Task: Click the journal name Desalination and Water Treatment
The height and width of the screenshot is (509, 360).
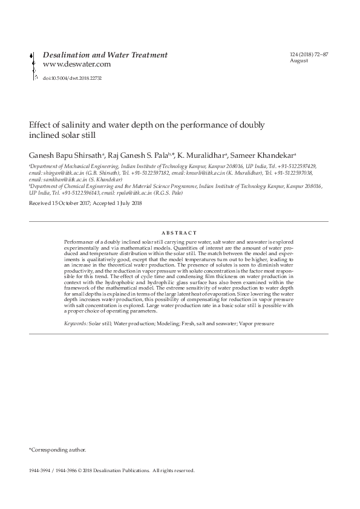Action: [x=105, y=55]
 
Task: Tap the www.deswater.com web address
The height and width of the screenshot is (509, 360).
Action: [x=76, y=64]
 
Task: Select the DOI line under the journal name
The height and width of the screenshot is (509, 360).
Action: [x=72, y=78]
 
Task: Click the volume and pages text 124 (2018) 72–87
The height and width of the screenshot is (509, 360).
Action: [x=310, y=56]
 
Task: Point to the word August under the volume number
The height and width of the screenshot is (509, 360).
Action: [x=299, y=61]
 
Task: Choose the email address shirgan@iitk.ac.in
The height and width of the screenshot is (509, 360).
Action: [x=52, y=172]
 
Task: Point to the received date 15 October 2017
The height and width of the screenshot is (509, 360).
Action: [x=73, y=204]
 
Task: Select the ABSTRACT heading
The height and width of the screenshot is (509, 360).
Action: [x=180, y=233]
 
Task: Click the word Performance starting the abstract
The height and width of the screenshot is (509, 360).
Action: [x=80, y=242]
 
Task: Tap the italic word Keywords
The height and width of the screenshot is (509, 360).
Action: [x=76, y=324]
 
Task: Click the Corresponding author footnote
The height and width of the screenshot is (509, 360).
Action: [x=58, y=450]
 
